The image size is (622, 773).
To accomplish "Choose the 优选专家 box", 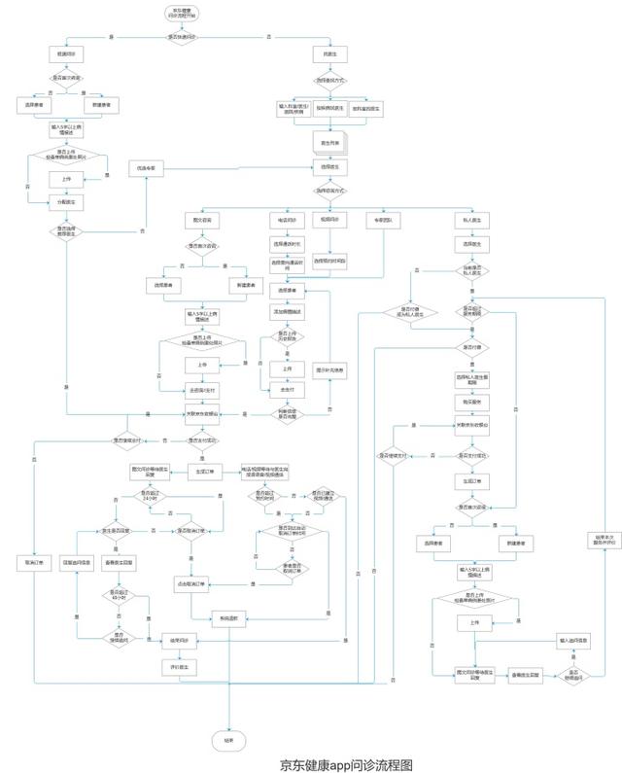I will point(146,168).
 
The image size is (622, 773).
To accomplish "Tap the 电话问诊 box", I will point(288,221).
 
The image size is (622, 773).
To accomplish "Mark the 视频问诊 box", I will point(330,221).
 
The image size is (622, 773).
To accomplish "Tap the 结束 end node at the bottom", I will point(229,739).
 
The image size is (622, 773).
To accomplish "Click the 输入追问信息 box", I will point(574,640).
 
